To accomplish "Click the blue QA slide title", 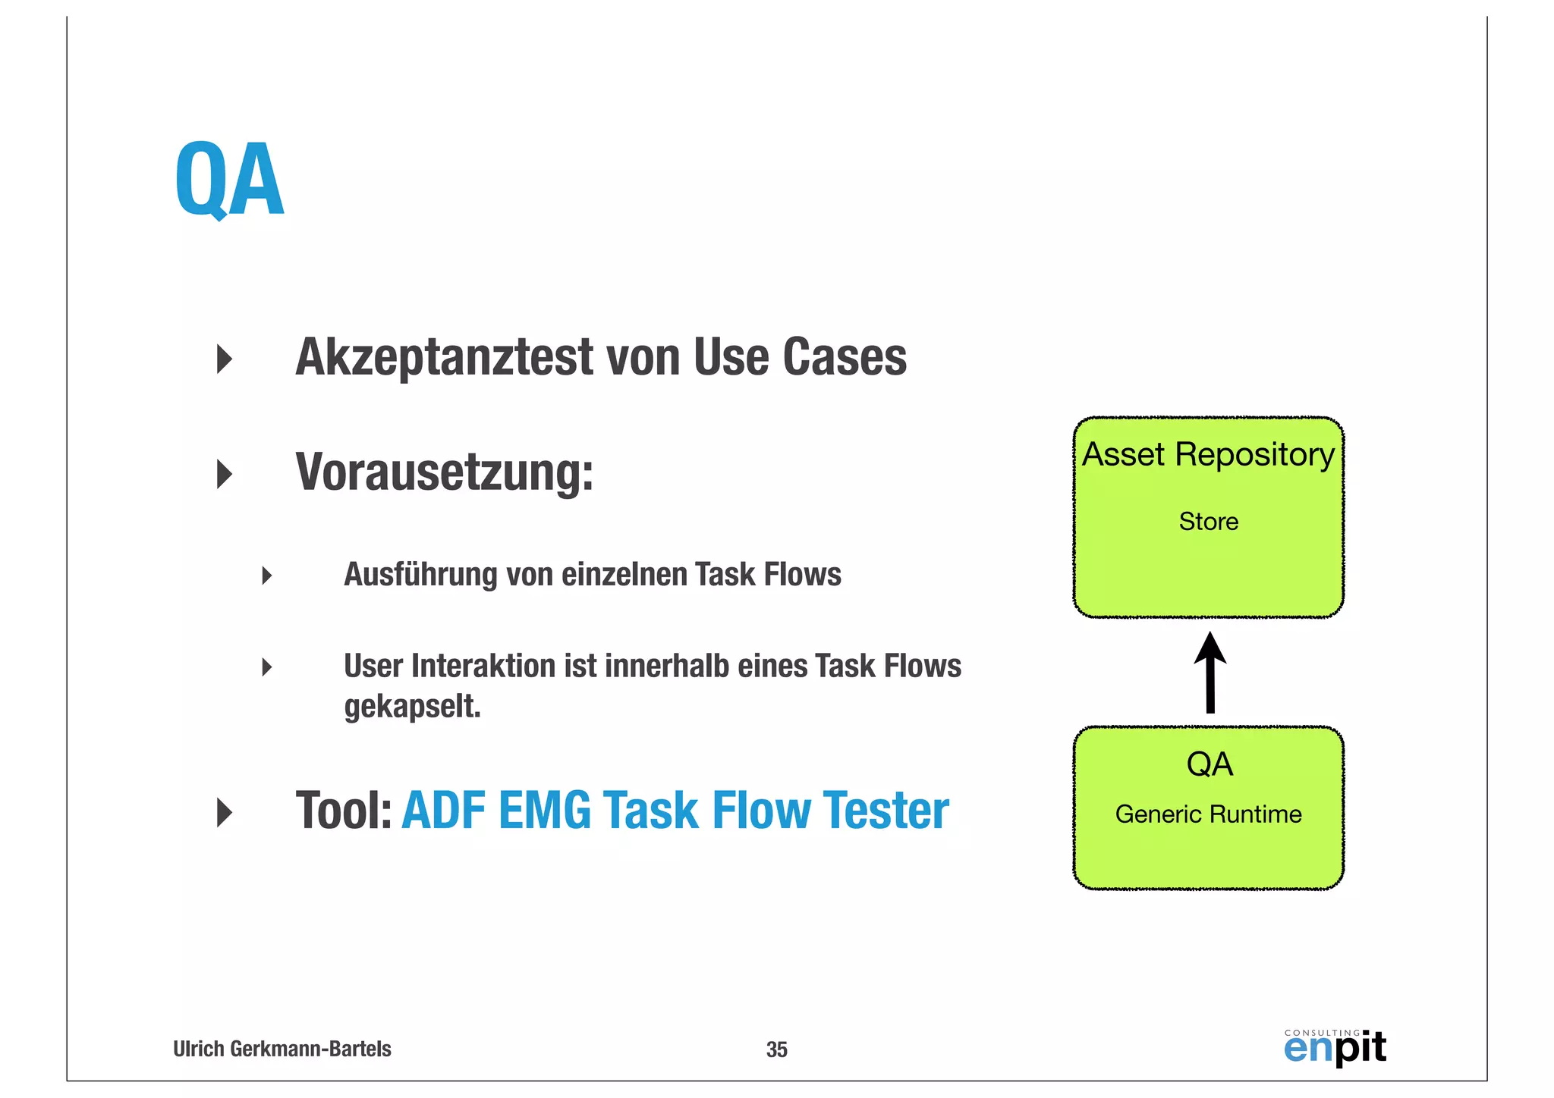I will [229, 180].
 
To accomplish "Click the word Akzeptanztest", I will [445, 357].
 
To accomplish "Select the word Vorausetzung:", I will [444, 473].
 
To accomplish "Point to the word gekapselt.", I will [412, 707].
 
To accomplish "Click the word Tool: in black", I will [343, 811].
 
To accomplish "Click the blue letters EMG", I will [544, 811].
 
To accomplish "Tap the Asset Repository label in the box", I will [1208, 455].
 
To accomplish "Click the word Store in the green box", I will [1208, 522].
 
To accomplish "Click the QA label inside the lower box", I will [1210, 764].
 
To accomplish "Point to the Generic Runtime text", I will [1208, 814].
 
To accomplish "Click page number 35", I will [776, 1049].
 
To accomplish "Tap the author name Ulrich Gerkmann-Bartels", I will [282, 1049].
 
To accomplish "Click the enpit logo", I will [1335, 1048].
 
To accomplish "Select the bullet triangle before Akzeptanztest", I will [224, 359].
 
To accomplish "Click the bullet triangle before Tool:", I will [224, 812].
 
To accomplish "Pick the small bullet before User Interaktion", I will [266, 667].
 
